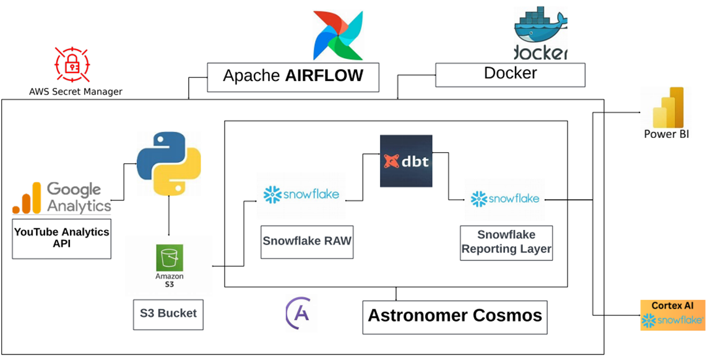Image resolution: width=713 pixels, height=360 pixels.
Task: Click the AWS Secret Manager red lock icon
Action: [x=72, y=63]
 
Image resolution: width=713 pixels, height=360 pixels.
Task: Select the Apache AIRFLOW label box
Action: [x=293, y=77]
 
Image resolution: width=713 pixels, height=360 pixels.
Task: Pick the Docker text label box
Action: [x=510, y=74]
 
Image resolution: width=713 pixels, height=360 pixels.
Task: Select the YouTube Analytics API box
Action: [x=61, y=238]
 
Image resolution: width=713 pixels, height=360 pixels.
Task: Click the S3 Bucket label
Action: [x=168, y=314]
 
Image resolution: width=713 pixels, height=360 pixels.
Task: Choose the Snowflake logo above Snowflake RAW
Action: [x=301, y=195]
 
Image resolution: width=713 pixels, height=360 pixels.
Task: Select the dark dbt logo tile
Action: [x=405, y=161]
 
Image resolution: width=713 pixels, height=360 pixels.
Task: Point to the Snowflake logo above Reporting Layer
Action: [x=504, y=199]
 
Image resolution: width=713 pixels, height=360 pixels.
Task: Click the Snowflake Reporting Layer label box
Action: [x=506, y=242]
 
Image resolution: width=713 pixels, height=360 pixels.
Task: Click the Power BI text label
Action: [x=666, y=134]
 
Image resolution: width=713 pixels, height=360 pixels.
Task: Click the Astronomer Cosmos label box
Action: [x=455, y=316]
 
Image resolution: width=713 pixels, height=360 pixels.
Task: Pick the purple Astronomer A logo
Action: [x=299, y=314]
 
